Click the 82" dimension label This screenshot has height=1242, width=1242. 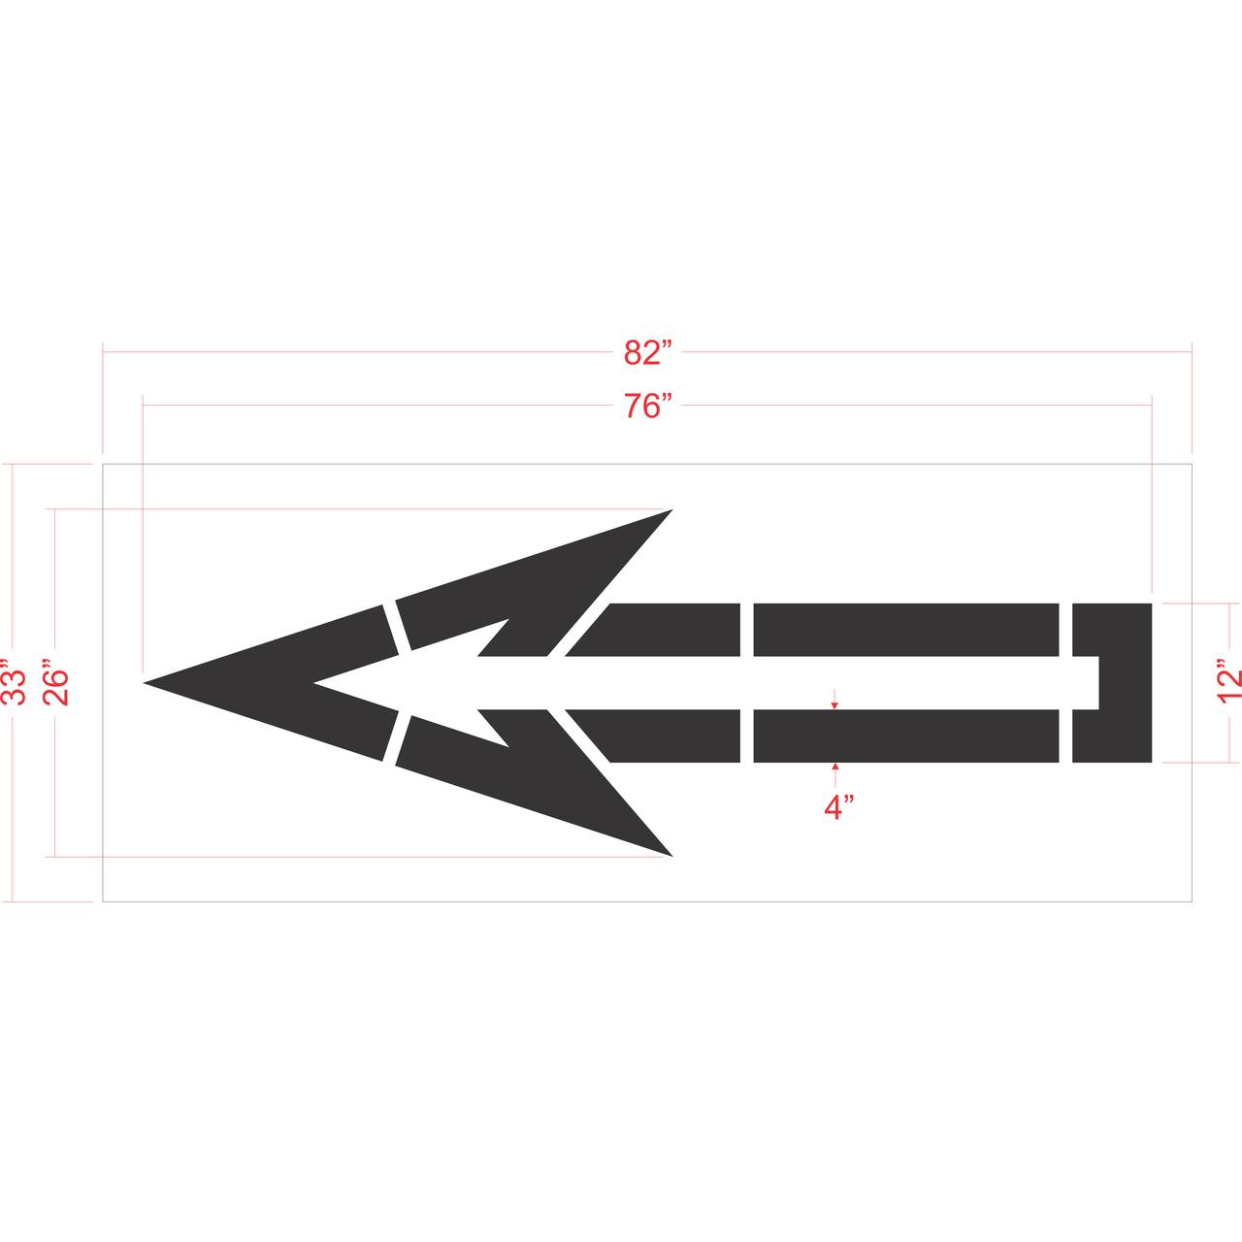point(647,353)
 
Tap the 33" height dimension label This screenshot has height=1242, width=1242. point(13,683)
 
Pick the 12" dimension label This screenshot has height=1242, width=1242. point(1229,683)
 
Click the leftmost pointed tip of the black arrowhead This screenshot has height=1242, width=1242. point(147,683)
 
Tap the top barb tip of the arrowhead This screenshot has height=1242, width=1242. point(670,510)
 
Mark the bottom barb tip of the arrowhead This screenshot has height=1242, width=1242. point(670,855)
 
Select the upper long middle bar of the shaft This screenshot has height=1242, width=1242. point(905,629)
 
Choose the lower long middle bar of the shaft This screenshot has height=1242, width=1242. point(905,735)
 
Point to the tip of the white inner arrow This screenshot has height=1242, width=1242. point(315,683)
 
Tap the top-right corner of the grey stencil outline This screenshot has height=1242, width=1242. point(1191,465)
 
